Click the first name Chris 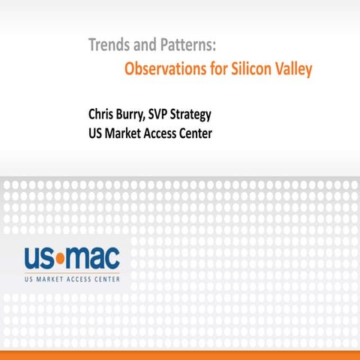click(x=103, y=116)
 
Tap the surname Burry click(x=141, y=116)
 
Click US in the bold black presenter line click(x=96, y=135)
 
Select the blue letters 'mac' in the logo click(x=94, y=259)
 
